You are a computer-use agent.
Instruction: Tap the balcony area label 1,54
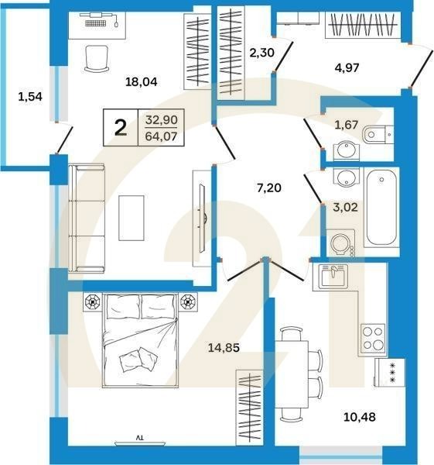(29, 98)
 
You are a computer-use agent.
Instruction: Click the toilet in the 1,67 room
(377, 135)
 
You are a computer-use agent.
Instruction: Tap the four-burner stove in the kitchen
(373, 338)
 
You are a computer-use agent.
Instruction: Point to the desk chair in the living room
(96, 59)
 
